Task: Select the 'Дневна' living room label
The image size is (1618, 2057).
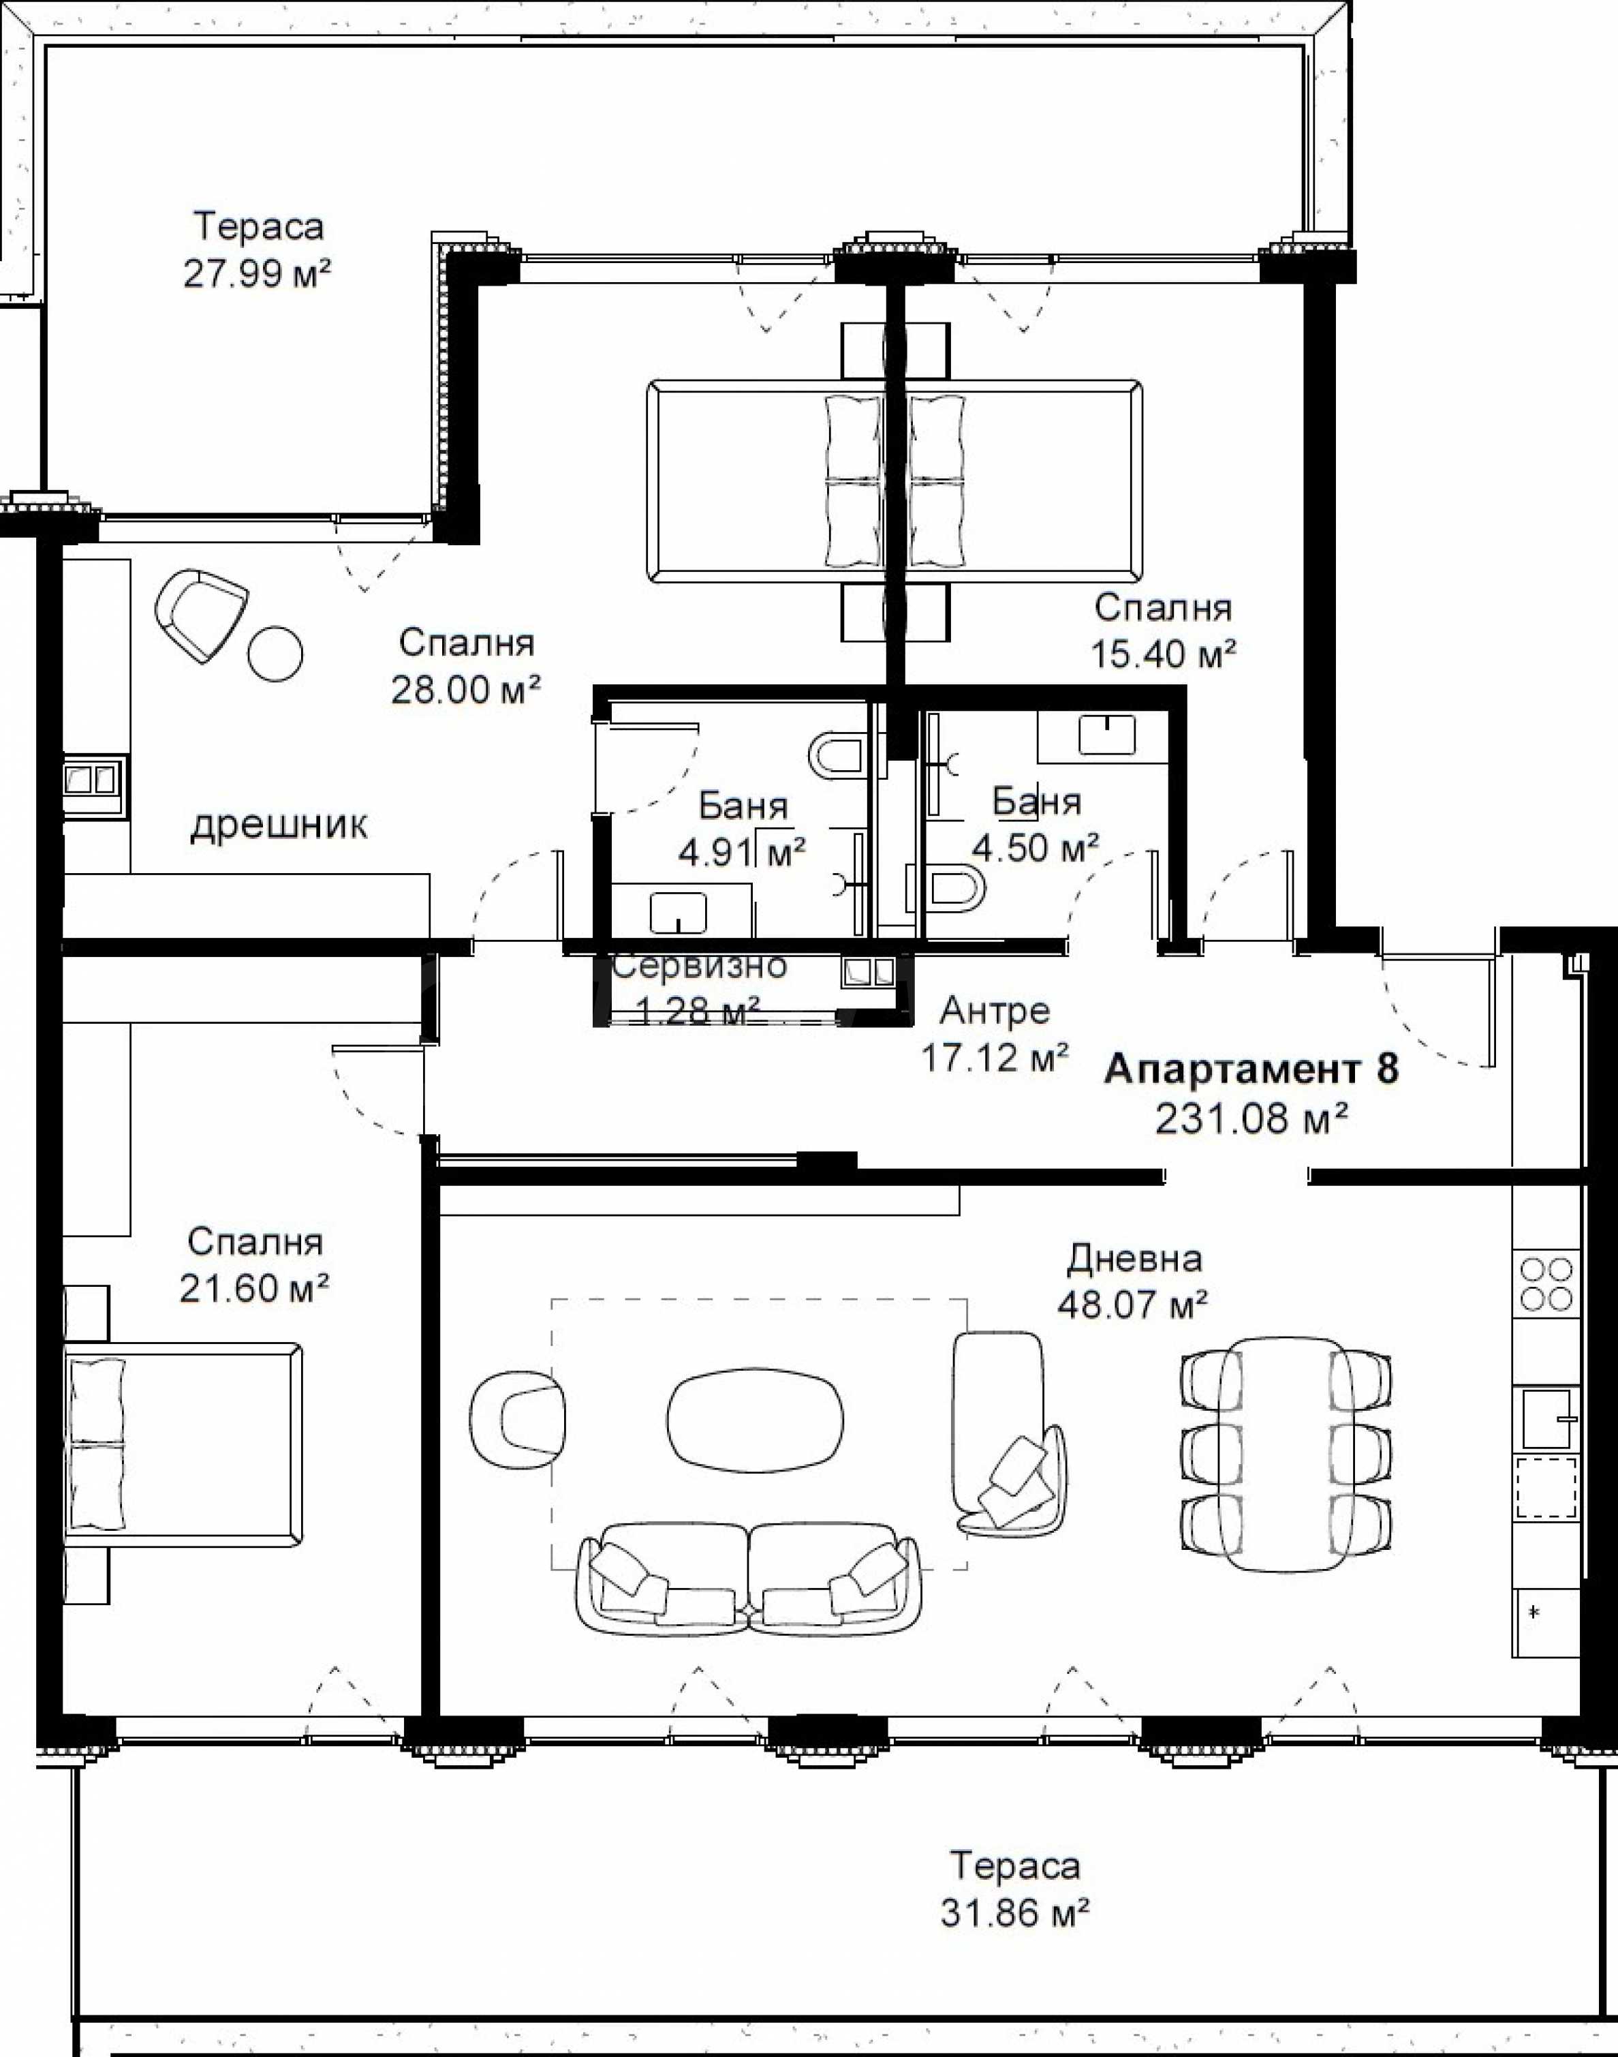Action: coord(1135,1259)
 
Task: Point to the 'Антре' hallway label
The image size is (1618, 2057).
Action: coord(995,1012)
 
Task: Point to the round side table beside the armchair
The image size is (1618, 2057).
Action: coord(276,653)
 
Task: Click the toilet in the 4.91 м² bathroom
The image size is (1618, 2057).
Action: coord(837,755)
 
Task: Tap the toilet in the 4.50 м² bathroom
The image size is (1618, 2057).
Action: coord(955,888)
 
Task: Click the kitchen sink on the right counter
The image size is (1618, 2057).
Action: coord(1546,1419)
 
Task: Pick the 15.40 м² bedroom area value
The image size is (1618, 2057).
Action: coord(1164,654)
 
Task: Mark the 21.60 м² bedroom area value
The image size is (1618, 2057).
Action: coord(255,1287)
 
